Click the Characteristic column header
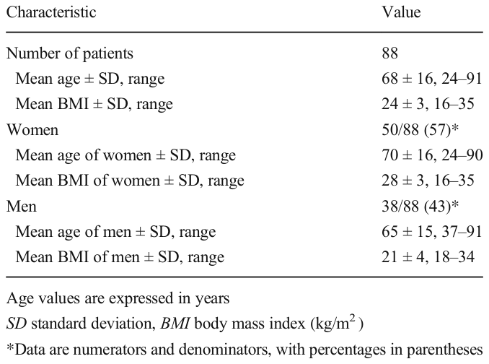[x=51, y=12]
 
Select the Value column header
[x=401, y=12]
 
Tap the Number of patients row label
[x=70, y=53]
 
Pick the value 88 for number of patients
[x=389, y=53]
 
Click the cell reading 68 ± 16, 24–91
[x=432, y=79]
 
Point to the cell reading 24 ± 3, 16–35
[x=428, y=104]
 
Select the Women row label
[x=32, y=129]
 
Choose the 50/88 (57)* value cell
[x=420, y=129]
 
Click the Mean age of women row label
[x=125, y=155]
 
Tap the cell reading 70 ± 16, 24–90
[x=432, y=155]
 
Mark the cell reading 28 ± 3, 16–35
[x=428, y=181]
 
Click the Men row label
[x=22, y=207]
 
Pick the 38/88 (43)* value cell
[x=420, y=207]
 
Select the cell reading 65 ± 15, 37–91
[x=432, y=232]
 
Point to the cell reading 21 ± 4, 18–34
[x=428, y=257]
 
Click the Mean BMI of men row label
[x=120, y=257]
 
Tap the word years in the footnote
[x=212, y=299]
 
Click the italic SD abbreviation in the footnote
[x=16, y=324]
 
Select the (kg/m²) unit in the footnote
[x=337, y=324]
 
